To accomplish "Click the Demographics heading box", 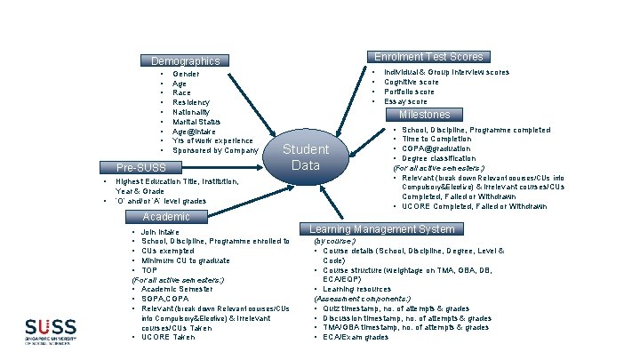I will tap(186, 61).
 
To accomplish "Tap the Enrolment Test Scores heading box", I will tap(428, 57).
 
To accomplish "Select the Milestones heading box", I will tap(424, 115).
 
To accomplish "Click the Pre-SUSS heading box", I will tap(140, 167).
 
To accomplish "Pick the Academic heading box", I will tap(166, 216).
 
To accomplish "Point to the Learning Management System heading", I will tap(381, 229).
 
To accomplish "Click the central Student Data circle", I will tap(305, 156).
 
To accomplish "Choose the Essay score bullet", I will tap(405, 101).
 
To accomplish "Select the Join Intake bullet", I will tap(160, 232).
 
